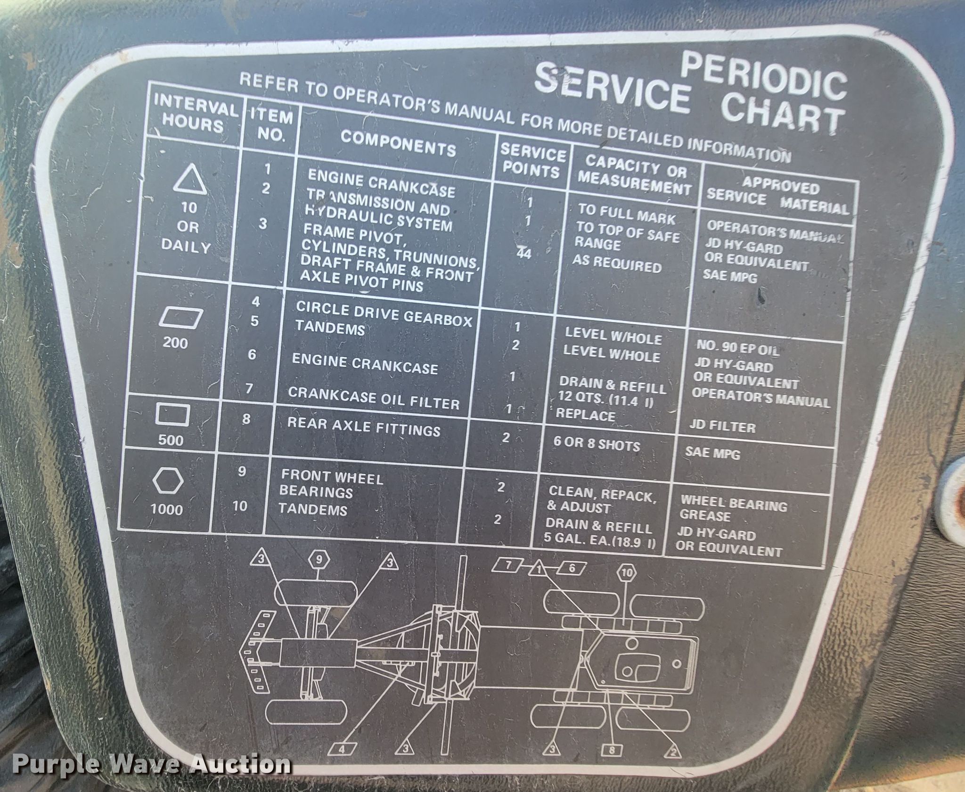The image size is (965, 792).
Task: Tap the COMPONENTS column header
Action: point(398,143)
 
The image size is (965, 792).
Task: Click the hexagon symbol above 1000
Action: point(168,481)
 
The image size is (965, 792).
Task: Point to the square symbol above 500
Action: point(173,415)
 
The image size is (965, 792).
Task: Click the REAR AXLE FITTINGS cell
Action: point(364,426)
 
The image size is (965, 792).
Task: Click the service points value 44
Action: point(523,253)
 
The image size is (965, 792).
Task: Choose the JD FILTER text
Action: point(722,427)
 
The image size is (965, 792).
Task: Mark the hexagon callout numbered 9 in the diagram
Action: point(319,560)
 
